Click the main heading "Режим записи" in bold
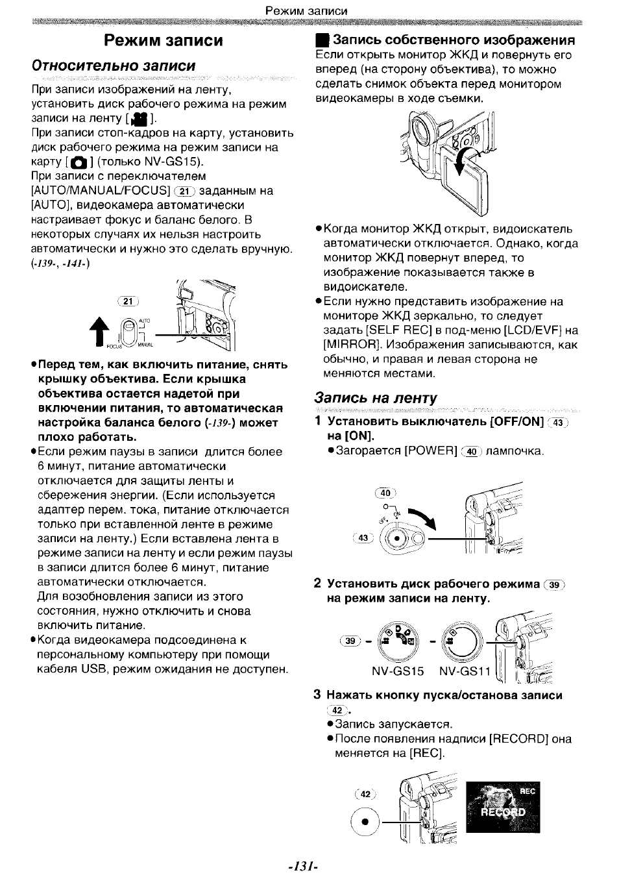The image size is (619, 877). coord(164,41)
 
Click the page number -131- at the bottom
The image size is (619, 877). coord(304,866)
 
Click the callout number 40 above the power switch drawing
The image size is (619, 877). coord(385,493)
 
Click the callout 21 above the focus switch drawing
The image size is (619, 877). coord(128,301)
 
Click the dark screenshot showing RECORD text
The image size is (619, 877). coord(503,807)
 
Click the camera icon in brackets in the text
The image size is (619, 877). coord(78,162)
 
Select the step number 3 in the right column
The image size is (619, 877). coord(317,695)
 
